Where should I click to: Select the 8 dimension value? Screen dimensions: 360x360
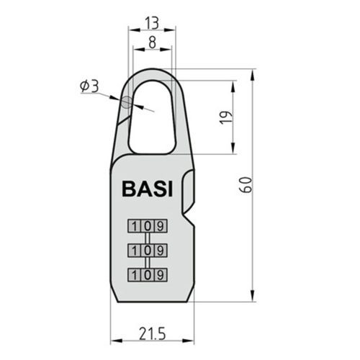click(152, 42)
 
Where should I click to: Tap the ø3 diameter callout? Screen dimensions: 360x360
click(89, 86)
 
